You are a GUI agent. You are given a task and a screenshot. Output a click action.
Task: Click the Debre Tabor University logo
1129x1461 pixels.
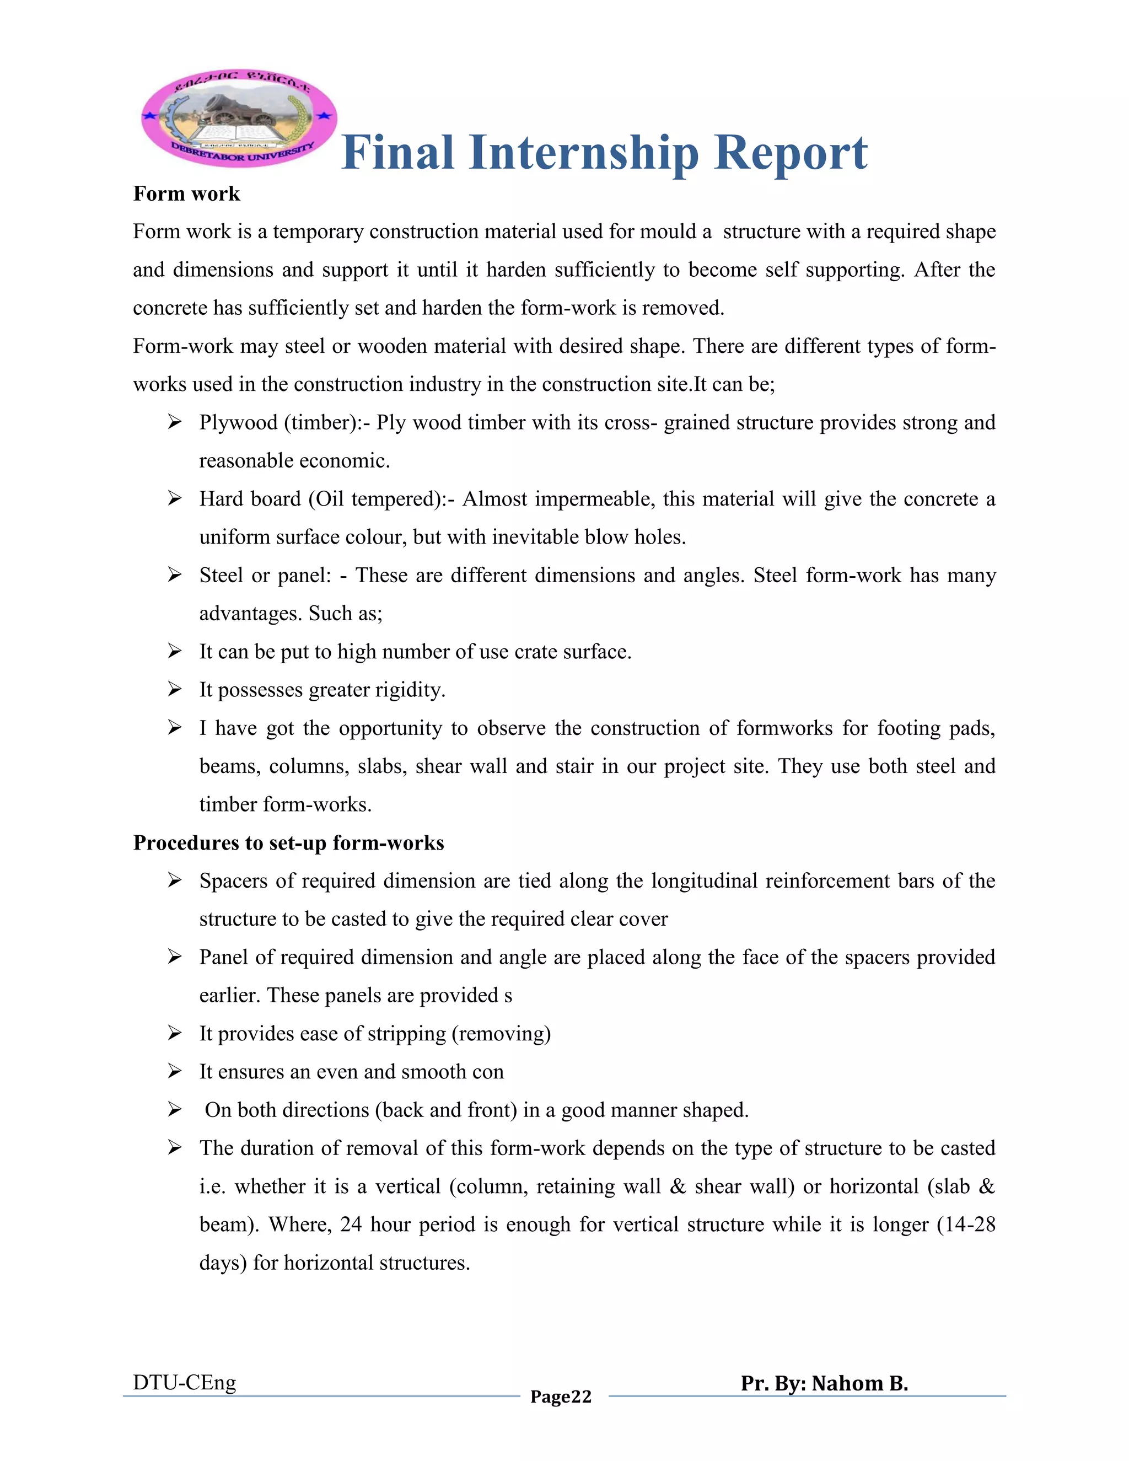[x=239, y=117]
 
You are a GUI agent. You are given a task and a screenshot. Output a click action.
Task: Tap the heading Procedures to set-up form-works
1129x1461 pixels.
[x=288, y=843]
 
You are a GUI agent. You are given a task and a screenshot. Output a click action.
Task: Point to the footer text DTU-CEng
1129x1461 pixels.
[x=185, y=1382]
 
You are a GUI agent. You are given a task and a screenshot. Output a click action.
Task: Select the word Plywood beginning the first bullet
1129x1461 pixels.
[x=238, y=423]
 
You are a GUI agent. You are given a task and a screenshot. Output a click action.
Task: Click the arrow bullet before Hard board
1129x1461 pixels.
[x=175, y=498]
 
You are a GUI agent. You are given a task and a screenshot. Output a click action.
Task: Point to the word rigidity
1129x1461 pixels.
[x=410, y=690]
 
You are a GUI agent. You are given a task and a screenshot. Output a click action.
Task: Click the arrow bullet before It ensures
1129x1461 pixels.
[x=175, y=1072]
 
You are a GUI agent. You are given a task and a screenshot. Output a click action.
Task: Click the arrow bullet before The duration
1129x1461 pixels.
[x=175, y=1148]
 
